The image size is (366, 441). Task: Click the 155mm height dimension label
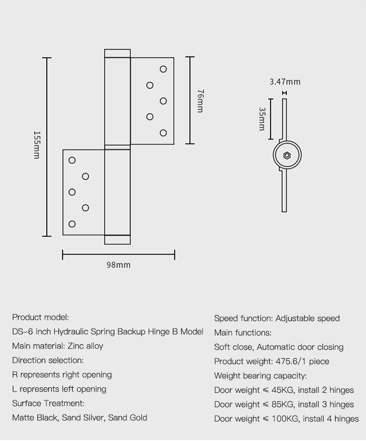click(x=37, y=145)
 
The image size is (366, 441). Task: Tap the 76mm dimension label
click(x=200, y=101)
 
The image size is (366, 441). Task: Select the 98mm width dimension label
click(x=119, y=265)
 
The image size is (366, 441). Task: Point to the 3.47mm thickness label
click(x=285, y=82)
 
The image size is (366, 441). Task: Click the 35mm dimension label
click(x=262, y=119)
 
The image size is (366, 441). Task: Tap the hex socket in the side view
click(x=287, y=155)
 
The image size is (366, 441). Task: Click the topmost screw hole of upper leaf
click(x=163, y=69)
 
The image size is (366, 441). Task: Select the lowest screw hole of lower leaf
click(x=72, y=224)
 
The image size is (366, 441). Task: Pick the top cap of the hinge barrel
click(x=117, y=53)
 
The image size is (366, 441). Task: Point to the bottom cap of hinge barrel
click(x=117, y=240)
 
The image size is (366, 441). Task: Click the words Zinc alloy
click(x=85, y=346)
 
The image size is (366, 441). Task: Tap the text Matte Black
click(x=35, y=418)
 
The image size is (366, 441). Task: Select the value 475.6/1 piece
click(x=302, y=361)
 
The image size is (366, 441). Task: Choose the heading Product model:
click(x=41, y=317)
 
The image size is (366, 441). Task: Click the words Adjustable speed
click(x=308, y=318)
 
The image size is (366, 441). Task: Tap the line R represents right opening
click(x=62, y=375)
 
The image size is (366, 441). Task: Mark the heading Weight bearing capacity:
click(x=260, y=376)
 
